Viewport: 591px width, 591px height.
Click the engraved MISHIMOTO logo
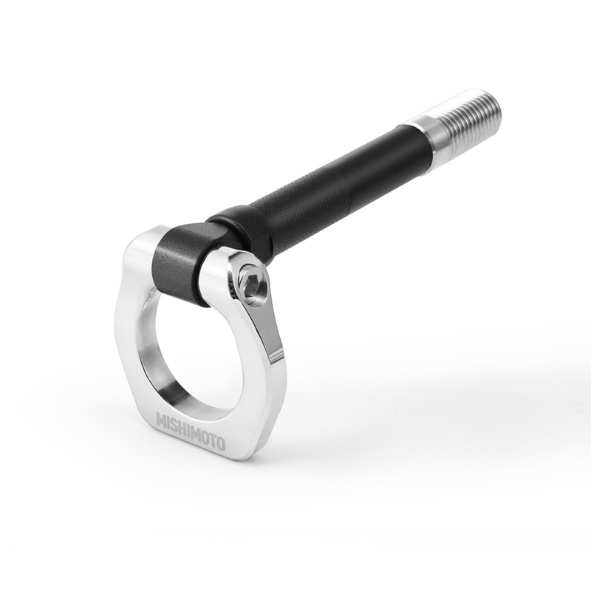point(191,427)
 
